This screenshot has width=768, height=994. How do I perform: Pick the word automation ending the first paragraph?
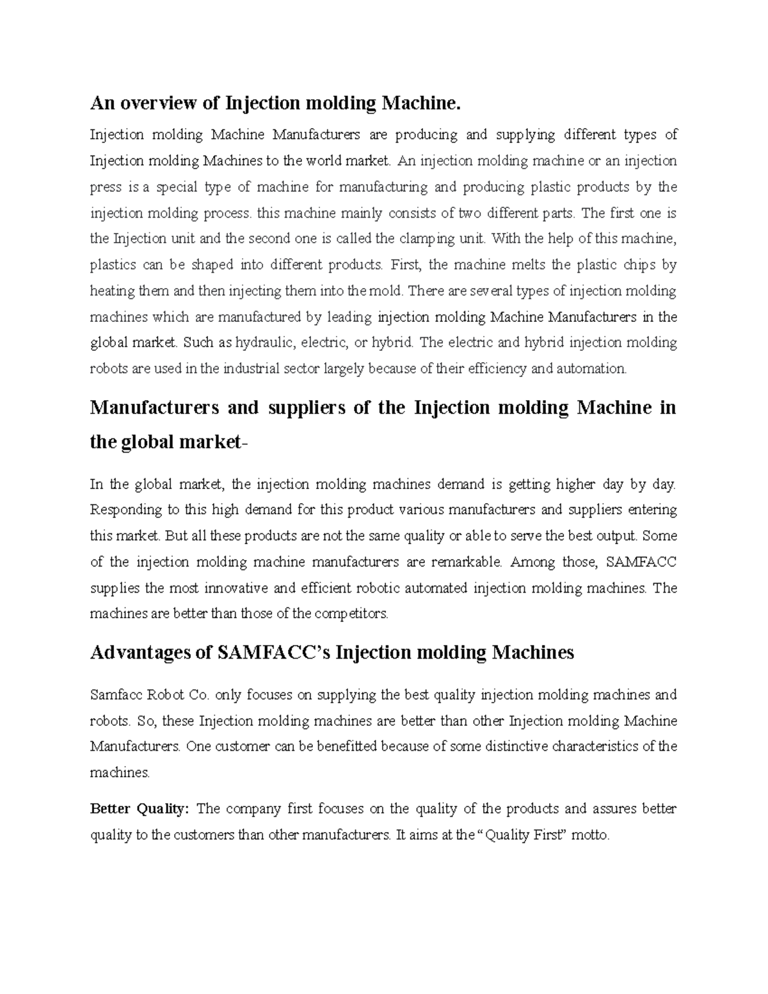coord(591,369)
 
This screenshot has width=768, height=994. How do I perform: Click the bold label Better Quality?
coord(139,809)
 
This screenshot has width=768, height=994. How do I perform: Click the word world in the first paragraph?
coord(324,161)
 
